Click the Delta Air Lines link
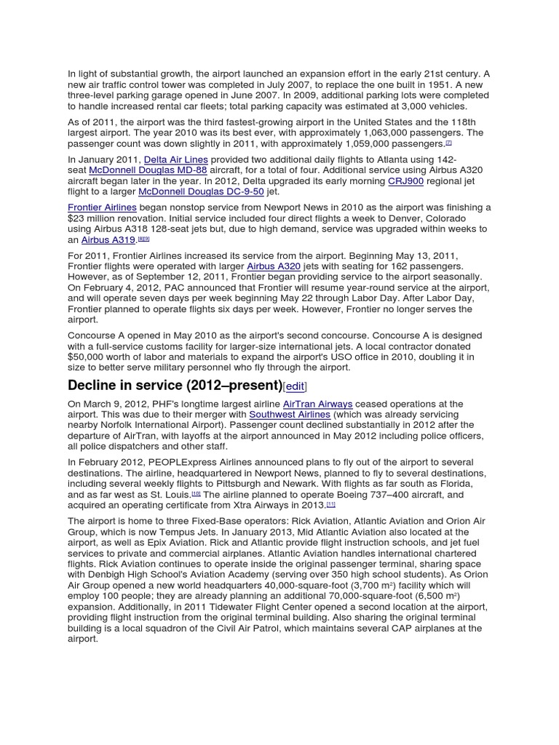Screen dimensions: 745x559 coord(175,159)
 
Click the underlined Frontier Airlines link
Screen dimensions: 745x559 coord(102,208)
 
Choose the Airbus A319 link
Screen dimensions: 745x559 coord(107,240)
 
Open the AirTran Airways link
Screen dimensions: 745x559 coord(317,404)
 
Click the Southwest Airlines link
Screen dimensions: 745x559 coord(290,415)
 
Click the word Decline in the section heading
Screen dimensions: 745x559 coord(95,386)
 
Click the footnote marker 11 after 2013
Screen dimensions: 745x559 coord(330,504)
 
